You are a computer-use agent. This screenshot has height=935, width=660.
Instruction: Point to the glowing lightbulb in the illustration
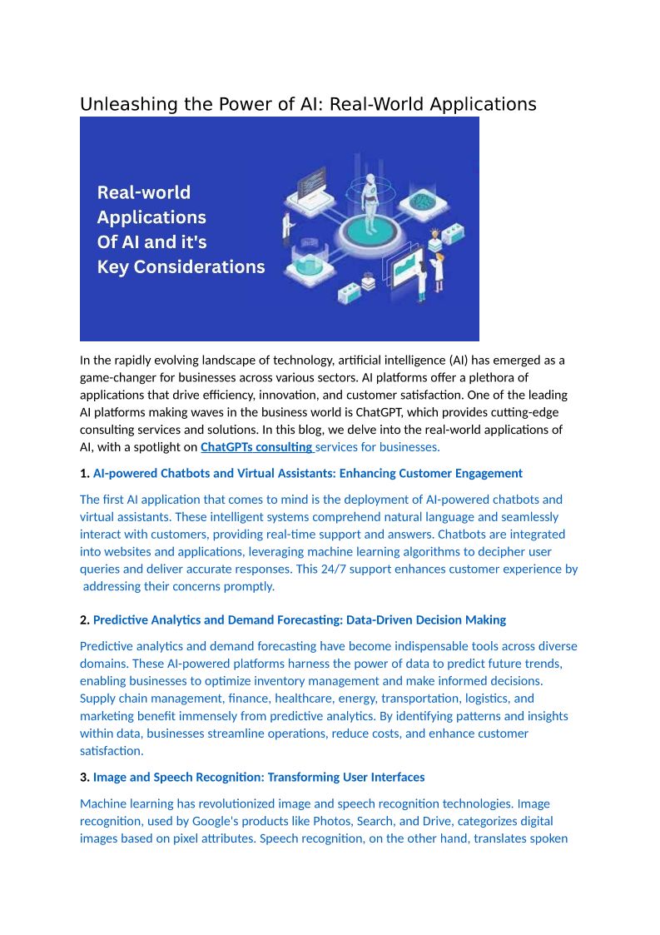click(x=434, y=233)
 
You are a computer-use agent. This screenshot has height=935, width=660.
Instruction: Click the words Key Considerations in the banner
click(x=181, y=267)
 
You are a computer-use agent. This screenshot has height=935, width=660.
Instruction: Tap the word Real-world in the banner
click(x=144, y=193)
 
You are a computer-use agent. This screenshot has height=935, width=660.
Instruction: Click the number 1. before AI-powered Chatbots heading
click(x=84, y=474)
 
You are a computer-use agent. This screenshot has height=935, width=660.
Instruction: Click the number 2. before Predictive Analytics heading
click(x=84, y=620)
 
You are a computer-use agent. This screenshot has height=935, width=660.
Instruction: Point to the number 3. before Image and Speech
click(x=84, y=778)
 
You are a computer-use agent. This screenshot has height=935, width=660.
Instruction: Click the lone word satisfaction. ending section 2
click(x=112, y=751)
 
